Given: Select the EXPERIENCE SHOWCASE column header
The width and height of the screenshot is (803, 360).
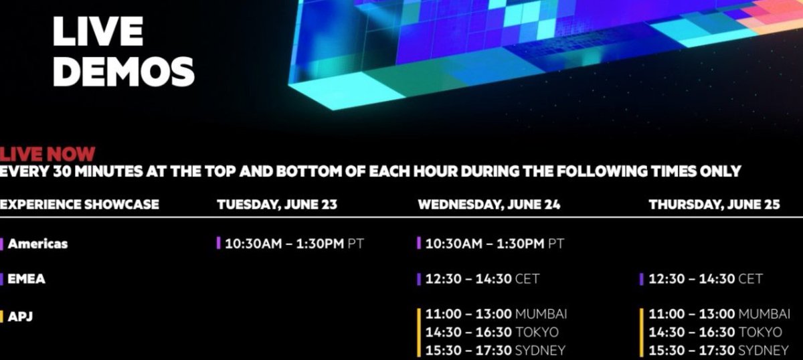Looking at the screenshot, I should pyautogui.click(x=80, y=204).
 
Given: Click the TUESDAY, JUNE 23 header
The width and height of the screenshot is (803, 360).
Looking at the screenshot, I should pyautogui.click(x=276, y=204).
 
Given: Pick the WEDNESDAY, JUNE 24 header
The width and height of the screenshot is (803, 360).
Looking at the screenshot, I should pyautogui.click(x=488, y=204).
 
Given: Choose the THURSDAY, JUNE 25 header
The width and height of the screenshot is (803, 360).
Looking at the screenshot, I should pyautogui.click(x=714, y=204).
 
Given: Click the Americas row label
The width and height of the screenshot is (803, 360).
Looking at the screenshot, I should pyautogui.click(x=37, y=244).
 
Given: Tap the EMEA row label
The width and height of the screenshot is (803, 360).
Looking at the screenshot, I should pyautogui.click(x=27, y=278).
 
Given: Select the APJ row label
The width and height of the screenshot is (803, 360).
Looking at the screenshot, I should pyautogui.click(x=20, y=316).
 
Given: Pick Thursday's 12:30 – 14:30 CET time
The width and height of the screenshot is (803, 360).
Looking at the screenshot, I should pyautogui.click(x=705, y=278).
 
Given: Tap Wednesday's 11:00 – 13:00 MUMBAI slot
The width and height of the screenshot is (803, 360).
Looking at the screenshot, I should pyautogui.click(x=496, y=314).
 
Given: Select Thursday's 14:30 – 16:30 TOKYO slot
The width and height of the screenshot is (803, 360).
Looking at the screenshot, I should pyautogui.click(x=715, y=332).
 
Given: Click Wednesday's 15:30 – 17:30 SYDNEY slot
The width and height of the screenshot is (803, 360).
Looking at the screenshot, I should pyautogui.click(x=495, y=350).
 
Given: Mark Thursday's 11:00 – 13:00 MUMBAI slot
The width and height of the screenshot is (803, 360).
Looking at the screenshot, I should pyautogui.click(x=719, y=314).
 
